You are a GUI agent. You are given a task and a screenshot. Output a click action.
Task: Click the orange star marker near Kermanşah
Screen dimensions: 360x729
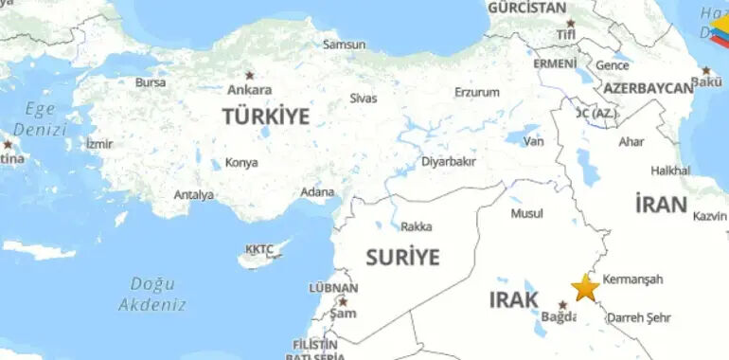click(585, 287)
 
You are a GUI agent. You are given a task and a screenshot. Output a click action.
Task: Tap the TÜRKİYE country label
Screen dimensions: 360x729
click(265, 117)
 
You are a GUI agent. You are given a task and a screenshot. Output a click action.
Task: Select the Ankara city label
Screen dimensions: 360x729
click(250, 90)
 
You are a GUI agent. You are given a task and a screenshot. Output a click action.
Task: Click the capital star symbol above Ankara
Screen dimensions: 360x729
click(250, 75)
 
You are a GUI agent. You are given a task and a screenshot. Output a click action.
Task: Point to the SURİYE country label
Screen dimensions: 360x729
click(402, 257)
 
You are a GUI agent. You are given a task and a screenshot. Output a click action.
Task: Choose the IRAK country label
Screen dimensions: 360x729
click(514, 300)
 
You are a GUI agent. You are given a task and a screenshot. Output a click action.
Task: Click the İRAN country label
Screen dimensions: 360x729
click(661, 204)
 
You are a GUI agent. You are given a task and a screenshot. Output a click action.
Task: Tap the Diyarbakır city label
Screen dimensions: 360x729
click(448, 161)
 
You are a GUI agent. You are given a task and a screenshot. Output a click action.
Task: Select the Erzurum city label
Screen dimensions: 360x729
click(476, 92)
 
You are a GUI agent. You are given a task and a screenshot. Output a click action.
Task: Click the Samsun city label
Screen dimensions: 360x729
click(344, 44)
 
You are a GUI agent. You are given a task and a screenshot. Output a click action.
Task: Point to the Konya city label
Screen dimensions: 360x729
click(241, 162)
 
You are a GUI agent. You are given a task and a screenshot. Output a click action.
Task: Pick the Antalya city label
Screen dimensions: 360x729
click(193, 194)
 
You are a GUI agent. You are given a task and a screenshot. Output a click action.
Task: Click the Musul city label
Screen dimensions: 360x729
click(527, 213)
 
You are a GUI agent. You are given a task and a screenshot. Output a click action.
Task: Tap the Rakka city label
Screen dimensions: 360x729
click(416, 226)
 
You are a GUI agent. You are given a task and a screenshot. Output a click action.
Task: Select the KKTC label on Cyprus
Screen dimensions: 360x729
click(258, 249)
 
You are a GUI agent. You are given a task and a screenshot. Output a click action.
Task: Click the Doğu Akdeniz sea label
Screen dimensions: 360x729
click(151, 294)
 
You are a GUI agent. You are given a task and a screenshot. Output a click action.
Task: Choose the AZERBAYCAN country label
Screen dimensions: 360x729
click(648, 88)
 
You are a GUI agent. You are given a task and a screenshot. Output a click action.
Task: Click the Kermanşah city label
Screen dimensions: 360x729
click(632, 279)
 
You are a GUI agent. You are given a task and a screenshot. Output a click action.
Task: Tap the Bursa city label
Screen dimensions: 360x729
click(150, 82)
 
